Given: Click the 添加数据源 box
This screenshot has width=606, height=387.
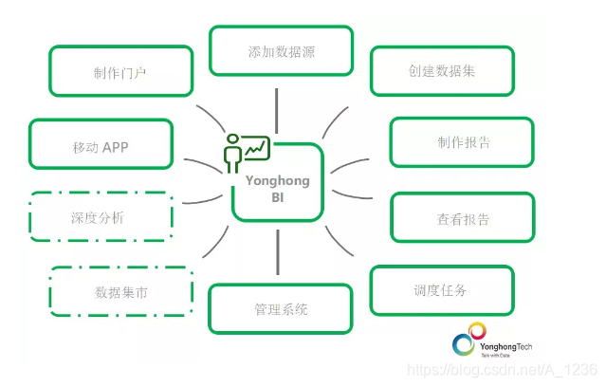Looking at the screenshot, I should [x=281, y=50].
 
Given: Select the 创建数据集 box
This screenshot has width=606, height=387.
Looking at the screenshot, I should [x=441, y=71].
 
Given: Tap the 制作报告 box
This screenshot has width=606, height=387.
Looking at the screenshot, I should [x=459, y=142].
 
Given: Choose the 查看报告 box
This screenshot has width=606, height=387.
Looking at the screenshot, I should [x=459, y=218].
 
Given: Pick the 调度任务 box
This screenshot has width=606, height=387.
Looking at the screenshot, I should [x=441, y=290].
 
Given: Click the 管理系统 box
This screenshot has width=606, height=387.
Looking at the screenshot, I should [x=281, y=308].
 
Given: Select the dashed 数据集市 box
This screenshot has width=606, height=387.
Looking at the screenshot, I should [x=121, y=292].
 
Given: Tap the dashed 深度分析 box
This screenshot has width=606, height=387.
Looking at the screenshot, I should [x=101, y=217].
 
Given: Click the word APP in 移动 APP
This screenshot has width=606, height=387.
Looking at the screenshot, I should [x=116, y=146].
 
